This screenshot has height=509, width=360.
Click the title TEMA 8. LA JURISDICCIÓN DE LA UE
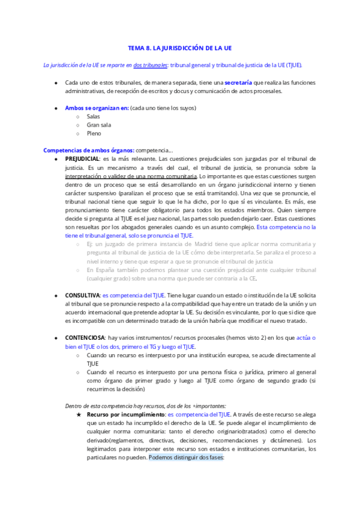click(x=180, y=47)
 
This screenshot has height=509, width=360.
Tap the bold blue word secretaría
click(x=238, y=82)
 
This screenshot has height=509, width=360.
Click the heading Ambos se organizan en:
click(x=97, y=108)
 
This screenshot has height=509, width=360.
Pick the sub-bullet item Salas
click(x=93, y=116)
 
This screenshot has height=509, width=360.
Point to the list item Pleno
click(x=94, y=133)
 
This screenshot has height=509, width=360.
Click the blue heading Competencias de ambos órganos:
click(x=89, y=150)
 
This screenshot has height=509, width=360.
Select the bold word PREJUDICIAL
click(x=82, y=158)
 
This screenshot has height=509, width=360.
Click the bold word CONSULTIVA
click(x=82, y=296)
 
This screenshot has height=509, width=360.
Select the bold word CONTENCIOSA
click(x=83, y=338)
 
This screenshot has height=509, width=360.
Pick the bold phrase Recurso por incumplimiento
click(x=125, y=414)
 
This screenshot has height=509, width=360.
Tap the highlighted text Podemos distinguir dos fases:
click(x=186, y=457)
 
